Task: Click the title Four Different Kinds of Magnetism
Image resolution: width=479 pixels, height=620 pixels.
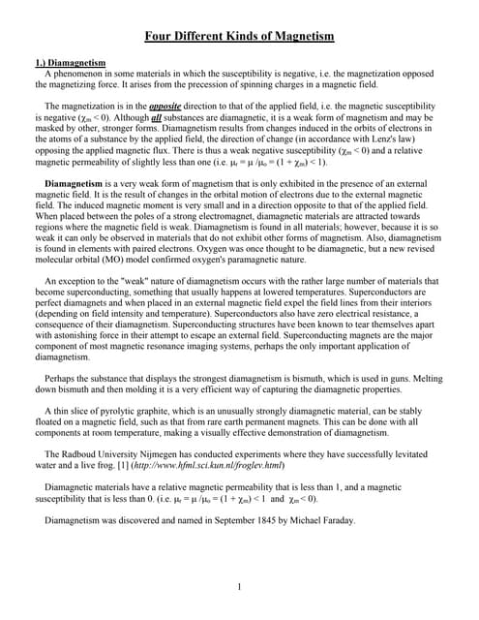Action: coord(239,37)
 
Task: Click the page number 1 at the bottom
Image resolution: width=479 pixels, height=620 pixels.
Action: coord(239,586)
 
